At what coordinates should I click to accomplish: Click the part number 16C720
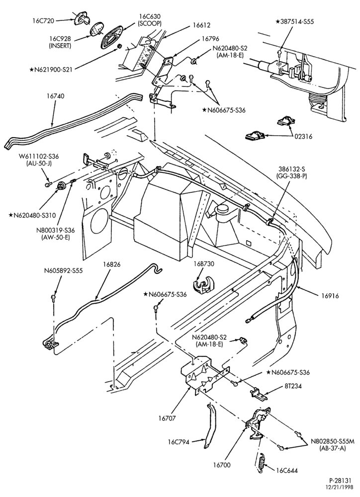(x=43, y=21)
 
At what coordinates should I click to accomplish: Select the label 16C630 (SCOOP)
(x=150, y=20)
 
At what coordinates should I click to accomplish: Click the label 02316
(x=303, y=137)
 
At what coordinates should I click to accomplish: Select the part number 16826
(x=112, y=264)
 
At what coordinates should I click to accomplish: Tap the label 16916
(x=329, y=296)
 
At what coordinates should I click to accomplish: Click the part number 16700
(x=222, y=465)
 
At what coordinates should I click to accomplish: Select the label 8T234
(x=292, y=386)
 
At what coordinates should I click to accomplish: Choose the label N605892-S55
(x=63, y=271)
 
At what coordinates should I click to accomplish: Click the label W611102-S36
(x=38, y=156)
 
